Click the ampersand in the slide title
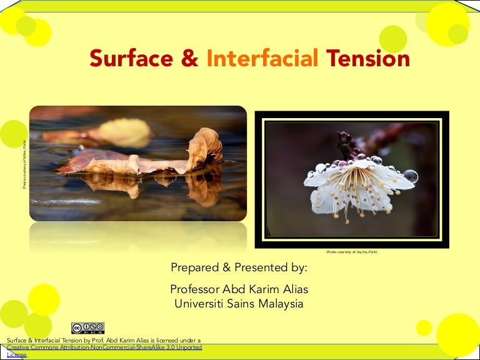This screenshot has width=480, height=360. pyautogui.click(x=190, y=59)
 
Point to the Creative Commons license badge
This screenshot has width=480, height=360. pyautogui.click(x=88, y=329)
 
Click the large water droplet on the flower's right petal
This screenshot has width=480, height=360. pyautogui.click(x=410, y=176)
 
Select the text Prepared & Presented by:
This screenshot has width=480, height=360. pyautogui.click(x=239, y=268)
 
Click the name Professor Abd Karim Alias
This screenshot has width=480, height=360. pyautogui.click(x=239, y=290)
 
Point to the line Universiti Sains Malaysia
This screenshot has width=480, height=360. pyautogui.click(x=239, y=304)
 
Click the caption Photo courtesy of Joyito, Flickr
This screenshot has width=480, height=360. pyautogui.click(x=352, y=252)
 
